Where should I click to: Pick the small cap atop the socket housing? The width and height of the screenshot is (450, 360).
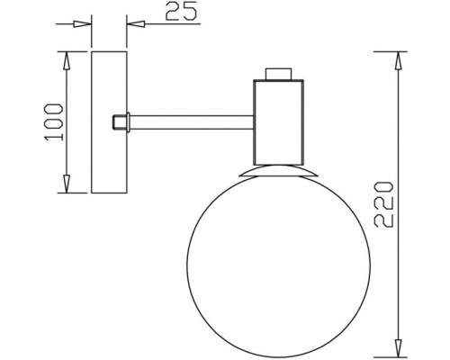click(x=278, y=73)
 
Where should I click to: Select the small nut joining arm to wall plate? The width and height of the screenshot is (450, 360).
click(x=118, y=121)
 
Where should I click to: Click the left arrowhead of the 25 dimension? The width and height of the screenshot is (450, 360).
click(x=85, y=24)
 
